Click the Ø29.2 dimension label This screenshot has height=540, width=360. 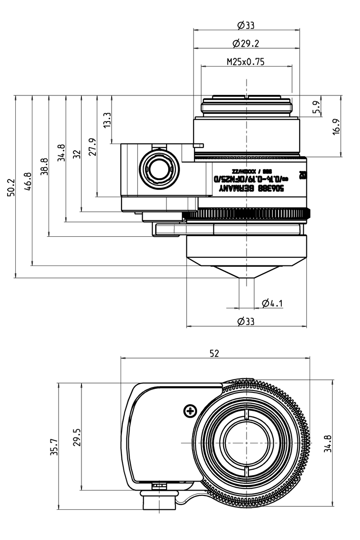click(x=246, y=43)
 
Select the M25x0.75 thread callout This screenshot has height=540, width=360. click(x=246, y=62)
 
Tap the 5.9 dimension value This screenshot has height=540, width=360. click(x=316, y=106)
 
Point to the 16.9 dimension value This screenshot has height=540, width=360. click(x=336, y=126)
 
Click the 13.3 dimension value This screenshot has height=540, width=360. click(x=107, y=120)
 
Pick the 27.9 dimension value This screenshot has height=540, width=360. click(x=92, y=147)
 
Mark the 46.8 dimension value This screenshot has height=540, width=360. click(x=27, y=181)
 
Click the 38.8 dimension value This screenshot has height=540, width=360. click(x=43, y=166)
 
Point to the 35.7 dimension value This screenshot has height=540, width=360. click(x=54, y=446)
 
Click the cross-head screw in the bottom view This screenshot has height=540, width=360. click(x=190, y=410)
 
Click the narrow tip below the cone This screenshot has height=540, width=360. click(x=247, y=286)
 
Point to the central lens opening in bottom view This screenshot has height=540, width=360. click(x=246, y=443)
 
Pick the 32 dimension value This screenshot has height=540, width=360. click(x=76, y=154)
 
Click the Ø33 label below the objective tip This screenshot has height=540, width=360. click(x=246, y=321)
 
